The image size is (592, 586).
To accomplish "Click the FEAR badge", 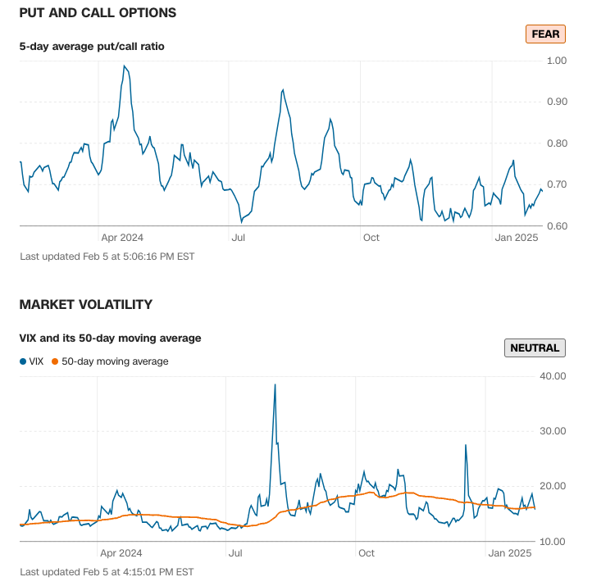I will [545, 34].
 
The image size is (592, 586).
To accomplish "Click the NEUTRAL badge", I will [535, 348].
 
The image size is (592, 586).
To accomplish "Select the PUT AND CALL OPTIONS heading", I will [98, 13].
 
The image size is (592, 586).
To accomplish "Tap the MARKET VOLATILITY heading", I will [86, 304].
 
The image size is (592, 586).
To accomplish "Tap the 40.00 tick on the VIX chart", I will [554, 376].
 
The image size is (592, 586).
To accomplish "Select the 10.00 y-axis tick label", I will [554, 542].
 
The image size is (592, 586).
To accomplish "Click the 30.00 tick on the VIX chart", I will [554, 431].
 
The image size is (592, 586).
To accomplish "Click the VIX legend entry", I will [32, 361].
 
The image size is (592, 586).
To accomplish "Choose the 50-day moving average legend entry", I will [110, 361].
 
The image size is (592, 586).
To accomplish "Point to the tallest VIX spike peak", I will [275, 384].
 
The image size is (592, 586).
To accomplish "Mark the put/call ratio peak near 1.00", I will [124, 66].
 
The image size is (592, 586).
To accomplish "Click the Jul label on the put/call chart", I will [239, 238].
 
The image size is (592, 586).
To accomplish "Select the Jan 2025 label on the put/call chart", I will [516, 238].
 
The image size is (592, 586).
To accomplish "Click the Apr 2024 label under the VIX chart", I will [122, 553].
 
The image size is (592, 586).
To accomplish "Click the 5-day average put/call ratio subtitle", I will [92, 47].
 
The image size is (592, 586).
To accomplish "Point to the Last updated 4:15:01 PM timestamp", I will [107, 571].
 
